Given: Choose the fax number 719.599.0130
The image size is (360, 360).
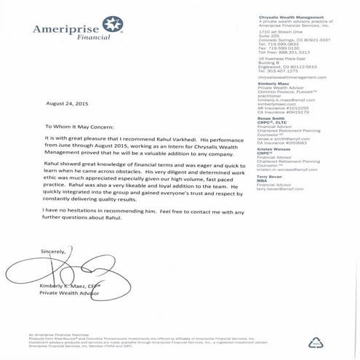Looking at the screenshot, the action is (281, 47).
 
